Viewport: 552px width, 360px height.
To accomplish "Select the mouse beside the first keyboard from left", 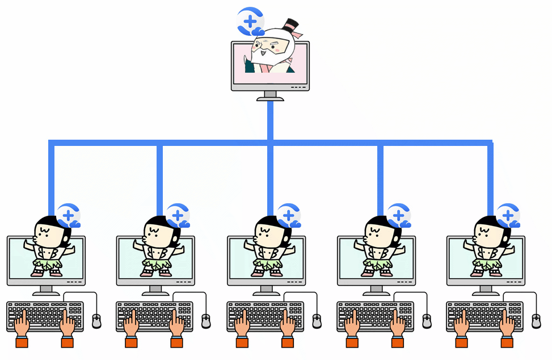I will point(96,321).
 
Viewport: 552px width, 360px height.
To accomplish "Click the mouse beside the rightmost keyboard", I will point(536,321).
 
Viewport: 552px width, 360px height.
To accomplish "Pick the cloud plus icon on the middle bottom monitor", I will point(289,216).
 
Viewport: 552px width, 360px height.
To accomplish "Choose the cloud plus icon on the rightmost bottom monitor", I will point(508,216).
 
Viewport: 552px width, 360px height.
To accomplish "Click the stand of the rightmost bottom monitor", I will point(486,290).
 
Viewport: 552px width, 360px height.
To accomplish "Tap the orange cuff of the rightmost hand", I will point(507,342).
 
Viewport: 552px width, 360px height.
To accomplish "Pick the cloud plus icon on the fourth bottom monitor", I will point(399,216).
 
